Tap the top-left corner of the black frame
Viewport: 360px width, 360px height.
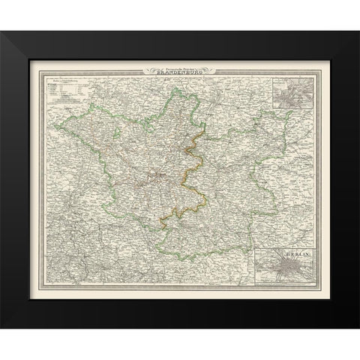pyautogui.click(x=1, y=31)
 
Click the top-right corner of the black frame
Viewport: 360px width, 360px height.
pyautogui.click(x=358, y=31)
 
